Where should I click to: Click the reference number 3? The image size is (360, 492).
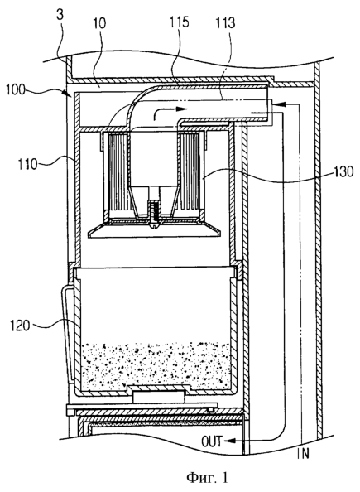[60, 16]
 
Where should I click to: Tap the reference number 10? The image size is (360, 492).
[99, 23]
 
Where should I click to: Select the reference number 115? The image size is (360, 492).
[180, 22]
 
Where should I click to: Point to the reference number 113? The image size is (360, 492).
[225, 23]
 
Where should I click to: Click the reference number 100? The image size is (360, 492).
[16, 89]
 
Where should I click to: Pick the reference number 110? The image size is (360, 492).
[27, 164]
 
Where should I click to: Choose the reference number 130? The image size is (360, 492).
[343, 171]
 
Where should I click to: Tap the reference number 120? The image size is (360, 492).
[21, 326]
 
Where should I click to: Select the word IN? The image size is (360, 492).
[303, 454]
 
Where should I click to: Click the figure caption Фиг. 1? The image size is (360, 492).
[207, 478]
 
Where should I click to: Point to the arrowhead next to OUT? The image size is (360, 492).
[228, 441]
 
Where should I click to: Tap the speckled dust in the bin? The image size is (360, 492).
[156, 365]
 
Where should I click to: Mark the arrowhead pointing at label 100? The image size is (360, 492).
[69, 94]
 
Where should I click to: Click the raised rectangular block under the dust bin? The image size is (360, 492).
[159, 397]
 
